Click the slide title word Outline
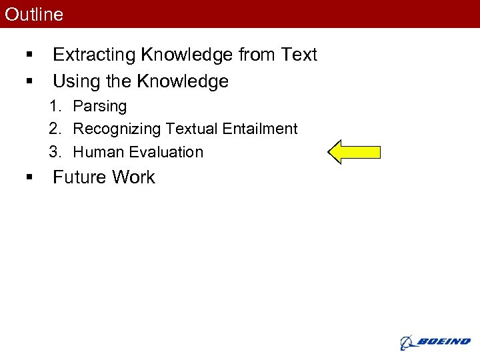[34, 15]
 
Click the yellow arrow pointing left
[354, 152]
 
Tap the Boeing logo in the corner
[435, 342]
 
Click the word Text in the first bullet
[299, 55]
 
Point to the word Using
[75, 81]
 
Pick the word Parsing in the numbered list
[99, 107]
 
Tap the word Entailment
[261, 129]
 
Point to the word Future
[79, 177]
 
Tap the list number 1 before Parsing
[55, 107]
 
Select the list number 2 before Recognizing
[55, 129]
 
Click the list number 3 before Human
[55, 152]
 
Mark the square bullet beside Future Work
[29, 177]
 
